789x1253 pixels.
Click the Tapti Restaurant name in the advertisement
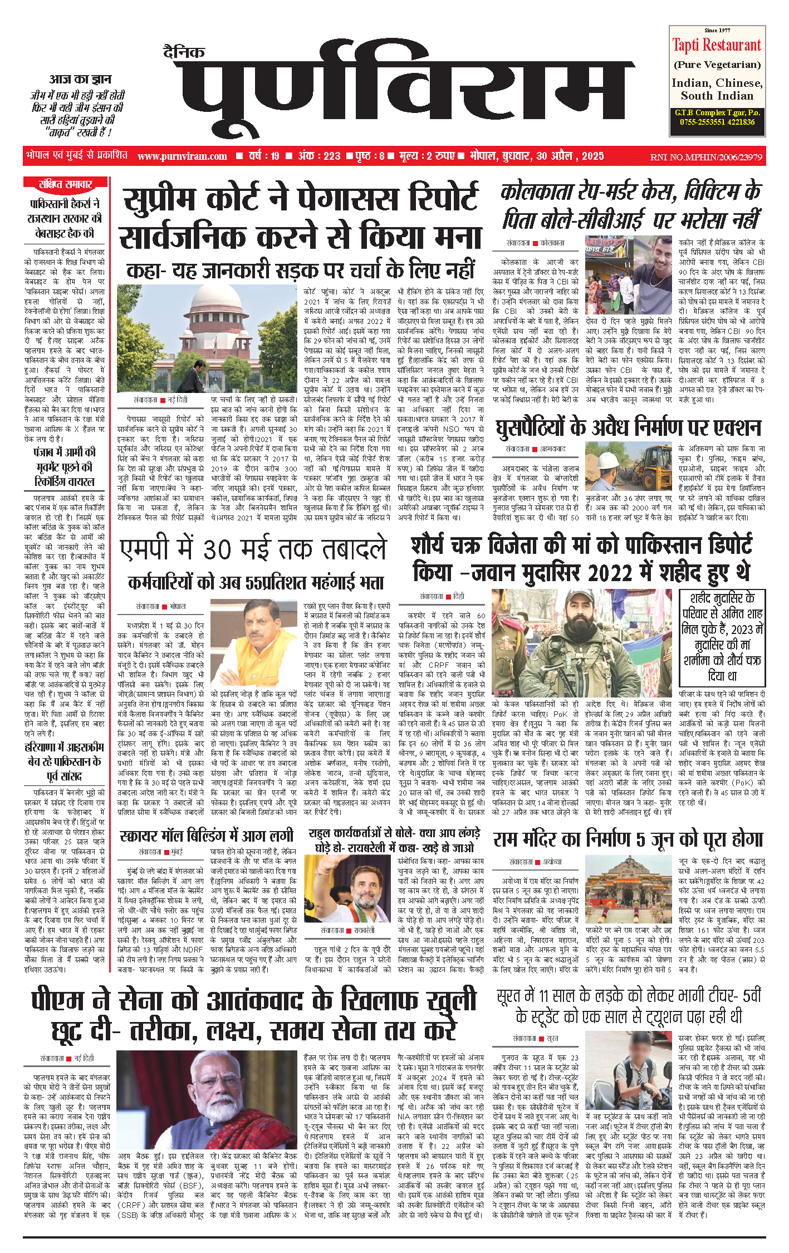point(717,45)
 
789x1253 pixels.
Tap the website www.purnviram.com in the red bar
point(182,156)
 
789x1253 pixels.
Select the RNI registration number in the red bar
point(706,157)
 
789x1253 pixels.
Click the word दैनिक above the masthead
point(184,52)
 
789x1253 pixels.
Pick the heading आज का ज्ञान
point(81,79)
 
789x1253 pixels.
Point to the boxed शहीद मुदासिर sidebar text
point(723,637)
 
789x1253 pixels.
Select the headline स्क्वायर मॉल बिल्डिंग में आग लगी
point(206,836)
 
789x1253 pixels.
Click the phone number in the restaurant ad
point(717,122)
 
